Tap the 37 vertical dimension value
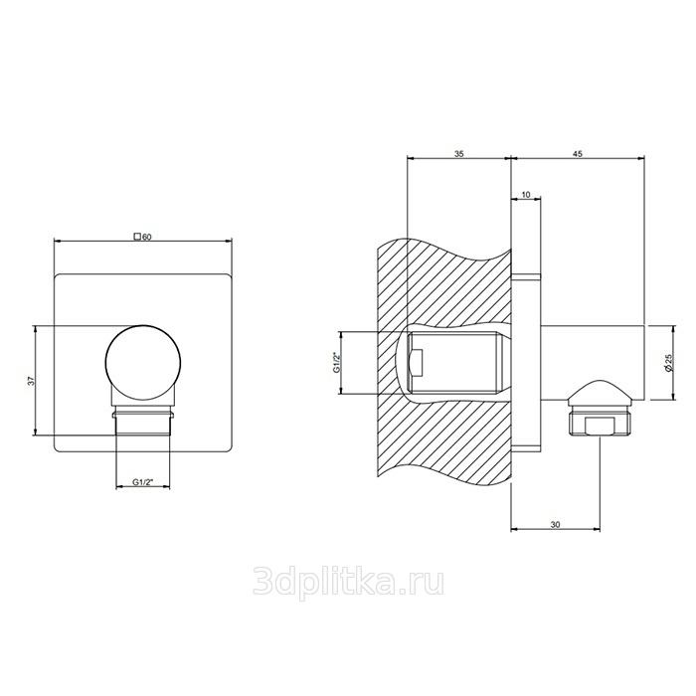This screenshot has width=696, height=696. [31, 381]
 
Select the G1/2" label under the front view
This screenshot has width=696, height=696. [142, 482]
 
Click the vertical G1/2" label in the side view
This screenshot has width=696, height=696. [336, 363]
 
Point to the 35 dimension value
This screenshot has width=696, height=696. [459, 154]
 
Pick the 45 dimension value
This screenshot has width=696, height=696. [577, 154]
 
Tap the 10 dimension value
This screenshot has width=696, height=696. [526, 195]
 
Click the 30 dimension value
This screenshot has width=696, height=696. [555, 524]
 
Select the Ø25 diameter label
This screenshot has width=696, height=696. [669, 363]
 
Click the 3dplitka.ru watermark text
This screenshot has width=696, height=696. [348, 583]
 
